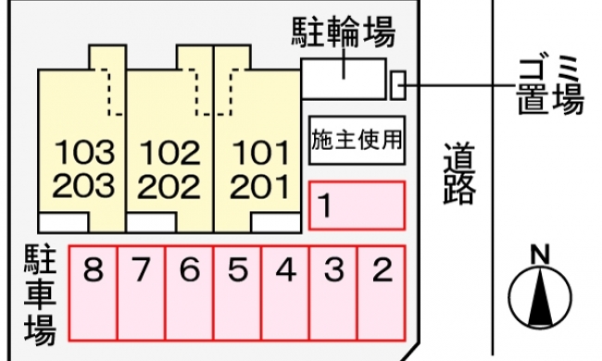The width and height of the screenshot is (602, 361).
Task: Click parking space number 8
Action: pos(93,293)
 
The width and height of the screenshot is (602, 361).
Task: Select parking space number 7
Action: pos(142,293)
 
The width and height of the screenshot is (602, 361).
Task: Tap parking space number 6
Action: pos(190,293)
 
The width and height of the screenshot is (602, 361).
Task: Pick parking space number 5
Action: pos(238,293)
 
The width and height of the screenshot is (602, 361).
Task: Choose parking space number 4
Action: pos(285,293)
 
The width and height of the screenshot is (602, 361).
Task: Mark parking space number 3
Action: pos(333,293)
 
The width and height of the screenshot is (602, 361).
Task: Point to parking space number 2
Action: pos(382,293)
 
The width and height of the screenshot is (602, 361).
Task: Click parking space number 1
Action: pos(357,205)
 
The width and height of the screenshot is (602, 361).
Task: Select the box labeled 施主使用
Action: pos(357,141)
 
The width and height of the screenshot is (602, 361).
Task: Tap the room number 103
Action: pos(84,153)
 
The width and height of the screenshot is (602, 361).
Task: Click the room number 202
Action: pos(169,186)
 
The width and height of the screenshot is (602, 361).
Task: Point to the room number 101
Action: pos(261,153)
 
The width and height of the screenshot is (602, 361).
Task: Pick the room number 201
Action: pos(259,186)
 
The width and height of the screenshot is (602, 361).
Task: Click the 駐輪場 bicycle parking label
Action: pos(344,31)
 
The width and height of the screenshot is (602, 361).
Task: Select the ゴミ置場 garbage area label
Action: pos(550,85)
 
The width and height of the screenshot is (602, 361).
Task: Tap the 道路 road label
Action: pos(459,173)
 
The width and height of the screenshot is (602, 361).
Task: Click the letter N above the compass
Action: pos(540,255)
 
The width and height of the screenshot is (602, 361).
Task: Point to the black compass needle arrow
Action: pos(540,297)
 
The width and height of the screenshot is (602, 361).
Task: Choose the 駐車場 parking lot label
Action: pos(41,294)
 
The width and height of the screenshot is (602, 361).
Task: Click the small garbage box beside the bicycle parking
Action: pos(398,85)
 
